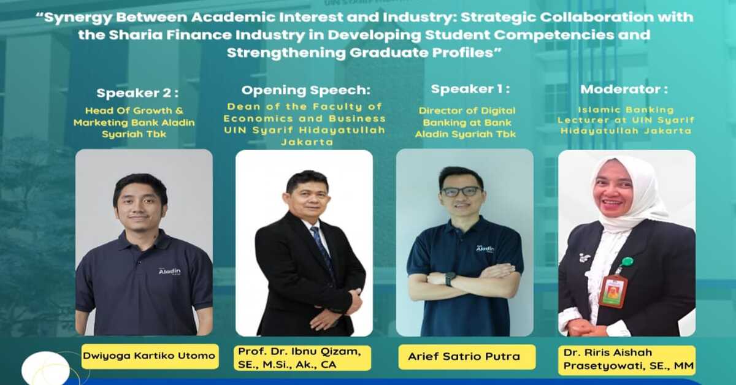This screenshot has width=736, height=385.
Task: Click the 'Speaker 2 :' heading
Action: pos(137,93)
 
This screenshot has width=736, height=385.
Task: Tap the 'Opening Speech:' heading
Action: pos(305,91)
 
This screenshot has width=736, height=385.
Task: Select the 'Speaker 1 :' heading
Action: pos(470,89)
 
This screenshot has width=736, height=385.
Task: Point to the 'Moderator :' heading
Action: pos(624,90)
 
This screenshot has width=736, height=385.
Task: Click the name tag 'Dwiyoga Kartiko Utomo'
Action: pos(150,356)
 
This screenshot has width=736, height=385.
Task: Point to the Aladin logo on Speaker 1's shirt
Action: pos(485,249)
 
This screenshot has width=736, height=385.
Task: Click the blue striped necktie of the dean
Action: pos(321,248)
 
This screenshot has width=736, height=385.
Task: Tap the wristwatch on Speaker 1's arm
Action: pos(450,279)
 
